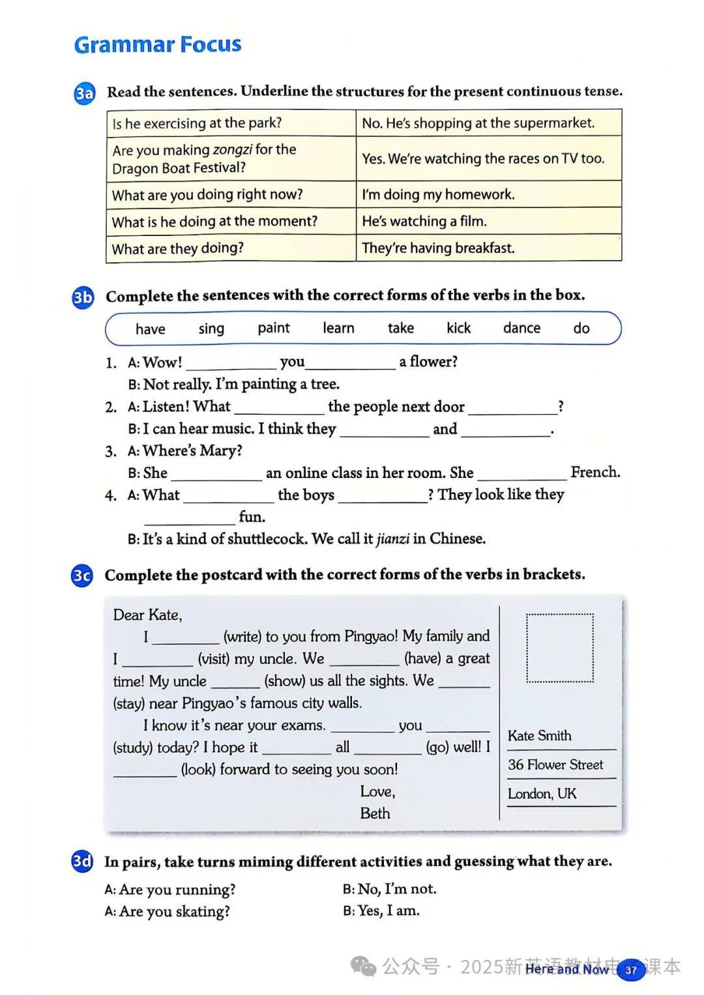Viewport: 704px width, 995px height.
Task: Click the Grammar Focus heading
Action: point(158,44)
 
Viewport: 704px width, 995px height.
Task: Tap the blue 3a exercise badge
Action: point(85,93)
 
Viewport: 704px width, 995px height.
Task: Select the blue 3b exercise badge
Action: point(83,297)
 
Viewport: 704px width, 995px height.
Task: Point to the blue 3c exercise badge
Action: point(82,576)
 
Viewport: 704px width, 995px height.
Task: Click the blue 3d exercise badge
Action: point(82,862)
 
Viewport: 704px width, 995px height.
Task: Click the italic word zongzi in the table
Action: point(232,150)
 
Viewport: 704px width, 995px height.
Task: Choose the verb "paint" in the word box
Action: point(274,328)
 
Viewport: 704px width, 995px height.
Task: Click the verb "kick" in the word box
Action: point(458,328)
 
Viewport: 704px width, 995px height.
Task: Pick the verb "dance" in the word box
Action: point(521,328)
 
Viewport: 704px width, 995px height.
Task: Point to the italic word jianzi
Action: point(393,539)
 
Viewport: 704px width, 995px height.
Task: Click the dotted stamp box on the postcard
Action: point(560,648)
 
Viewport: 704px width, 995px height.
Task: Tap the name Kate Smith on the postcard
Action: point(540,735)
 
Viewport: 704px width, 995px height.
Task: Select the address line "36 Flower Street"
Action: point(555,765)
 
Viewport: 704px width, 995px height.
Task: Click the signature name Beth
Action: point(375,814)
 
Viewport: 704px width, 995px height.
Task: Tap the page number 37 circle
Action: point(630,970)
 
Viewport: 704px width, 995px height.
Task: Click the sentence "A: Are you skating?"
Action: point(168,912)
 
